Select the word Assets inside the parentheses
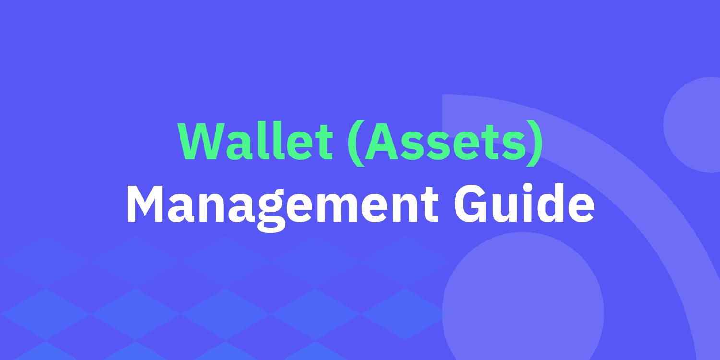point(445,141)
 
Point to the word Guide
point(524,203)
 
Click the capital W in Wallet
point(201,141)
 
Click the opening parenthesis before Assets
point(356,143)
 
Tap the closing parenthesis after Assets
point(535,143)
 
